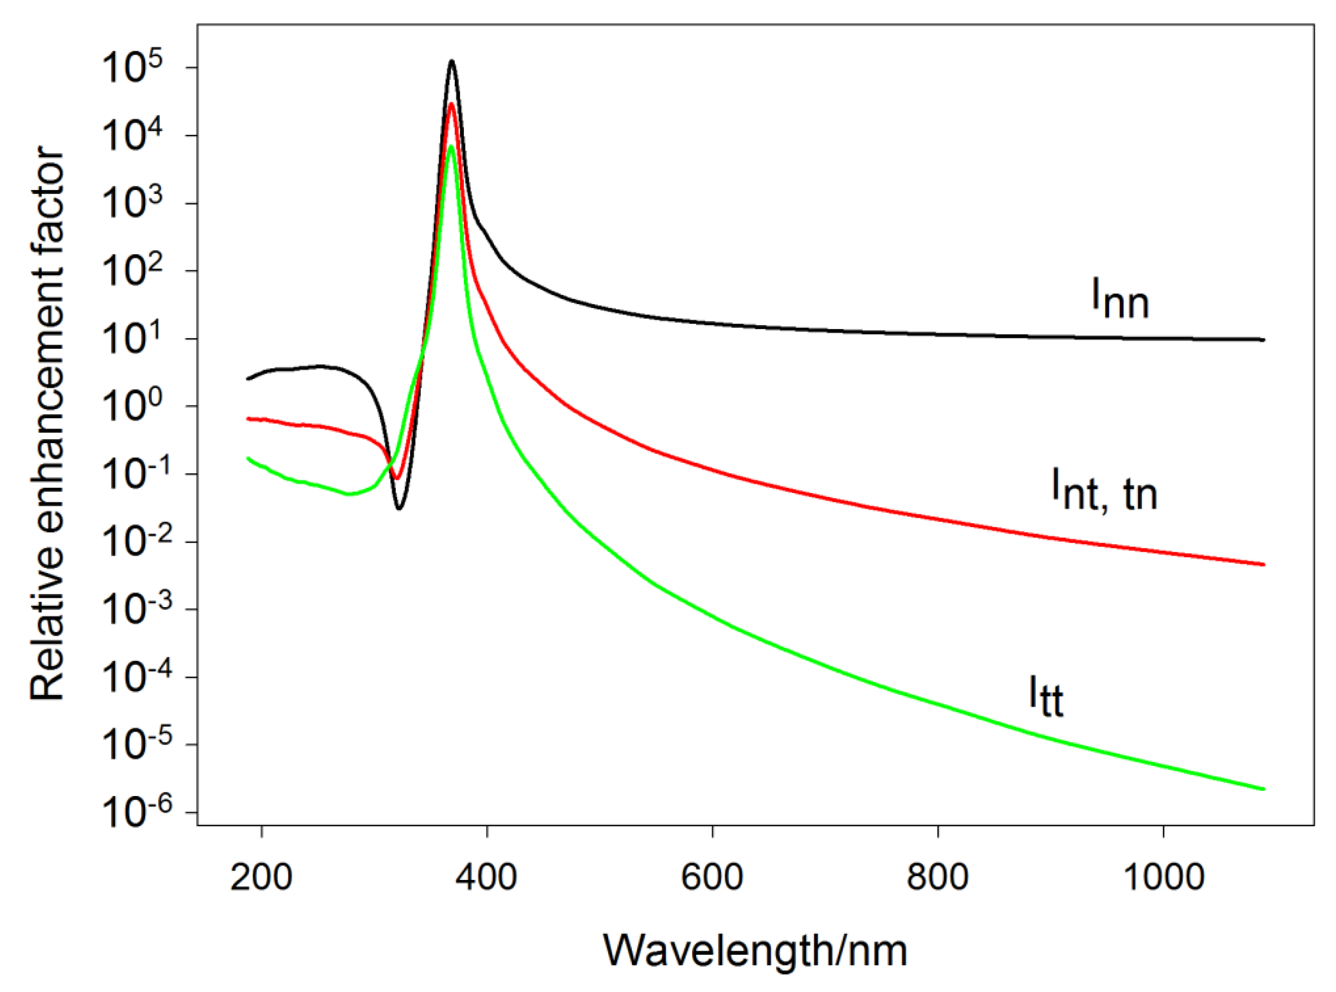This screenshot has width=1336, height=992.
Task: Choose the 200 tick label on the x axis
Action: coord(261,877)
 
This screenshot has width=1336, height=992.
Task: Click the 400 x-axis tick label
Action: coord(487,877)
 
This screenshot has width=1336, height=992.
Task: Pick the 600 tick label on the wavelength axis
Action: coord(712,877)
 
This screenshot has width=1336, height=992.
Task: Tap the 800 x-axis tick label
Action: coord(937,877)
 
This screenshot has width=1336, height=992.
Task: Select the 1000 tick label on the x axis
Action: coord(1163,877)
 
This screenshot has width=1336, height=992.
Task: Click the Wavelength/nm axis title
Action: coord(755,951)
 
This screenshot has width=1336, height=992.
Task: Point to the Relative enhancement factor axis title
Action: coord(47,423)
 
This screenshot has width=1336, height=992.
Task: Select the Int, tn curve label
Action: coord(1104,490)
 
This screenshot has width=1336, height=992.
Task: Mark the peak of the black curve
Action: coord(451,61)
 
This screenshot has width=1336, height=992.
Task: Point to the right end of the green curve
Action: coord(1263,789)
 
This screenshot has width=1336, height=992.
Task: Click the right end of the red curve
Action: coord(1263,564)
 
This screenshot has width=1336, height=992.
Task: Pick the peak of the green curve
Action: coord(451,146)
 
